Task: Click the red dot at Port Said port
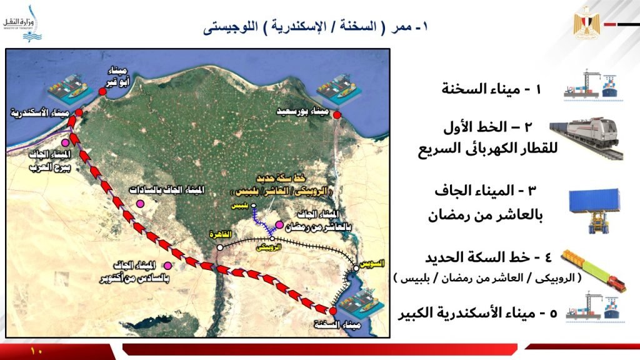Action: click(337, 115)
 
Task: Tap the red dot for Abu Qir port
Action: click(102, 92)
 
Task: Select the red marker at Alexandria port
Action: click(79, 112)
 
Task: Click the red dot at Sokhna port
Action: click(333, 311)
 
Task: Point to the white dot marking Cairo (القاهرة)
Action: click(220, 247)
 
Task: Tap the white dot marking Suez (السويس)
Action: click(356, 268)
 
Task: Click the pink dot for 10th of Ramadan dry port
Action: click(279, 224)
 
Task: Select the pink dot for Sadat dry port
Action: click(141, 204)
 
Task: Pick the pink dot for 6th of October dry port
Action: click(167, 266)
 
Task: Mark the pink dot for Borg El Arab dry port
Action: click(65, 142)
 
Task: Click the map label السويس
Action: click(372, 264)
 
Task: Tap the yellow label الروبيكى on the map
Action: click(269, 247)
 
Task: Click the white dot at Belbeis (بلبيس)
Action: click(254, 206)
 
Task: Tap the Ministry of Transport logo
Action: click(23, 24)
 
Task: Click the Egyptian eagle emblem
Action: click(586, 23)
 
